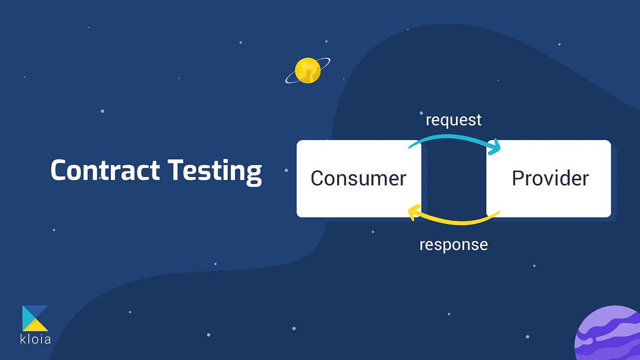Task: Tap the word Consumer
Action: click(x=358, y=178)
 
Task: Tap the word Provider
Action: click(x=550, y=178)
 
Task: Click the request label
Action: click(x=453, y=120)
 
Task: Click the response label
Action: click(x=453, y=245)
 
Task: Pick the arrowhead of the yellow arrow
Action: click(x=413, y=212)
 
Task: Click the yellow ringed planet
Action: click(x=308, y=71)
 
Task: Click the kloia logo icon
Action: click(x=35, y=318)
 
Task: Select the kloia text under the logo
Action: click(x=36, y=339)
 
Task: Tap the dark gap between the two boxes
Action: click(x=453, y=179)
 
